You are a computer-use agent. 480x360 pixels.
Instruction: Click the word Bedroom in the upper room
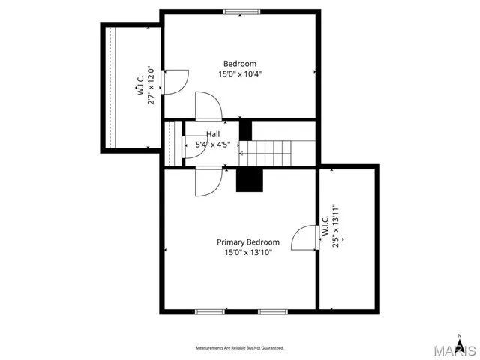pos(239,64)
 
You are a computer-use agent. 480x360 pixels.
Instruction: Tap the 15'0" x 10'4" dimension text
pos(239,74)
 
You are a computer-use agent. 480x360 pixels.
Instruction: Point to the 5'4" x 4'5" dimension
pos(213,144)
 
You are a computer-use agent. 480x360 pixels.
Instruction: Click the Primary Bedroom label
pos(247,242)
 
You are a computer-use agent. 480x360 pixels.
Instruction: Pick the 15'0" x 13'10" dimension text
pos(247,253)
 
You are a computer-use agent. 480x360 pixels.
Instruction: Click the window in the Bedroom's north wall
pos(241,11)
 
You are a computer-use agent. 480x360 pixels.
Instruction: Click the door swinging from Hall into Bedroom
pos(208,106)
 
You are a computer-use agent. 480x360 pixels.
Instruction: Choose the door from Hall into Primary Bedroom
pos(208,181)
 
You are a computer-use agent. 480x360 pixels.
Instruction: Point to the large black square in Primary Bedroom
pos(250,180)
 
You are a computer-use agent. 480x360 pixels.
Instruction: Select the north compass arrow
pos(460,337)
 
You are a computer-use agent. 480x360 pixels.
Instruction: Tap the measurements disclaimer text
pos(240,348)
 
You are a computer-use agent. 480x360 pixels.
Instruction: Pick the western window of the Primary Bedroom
pos(210,310)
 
